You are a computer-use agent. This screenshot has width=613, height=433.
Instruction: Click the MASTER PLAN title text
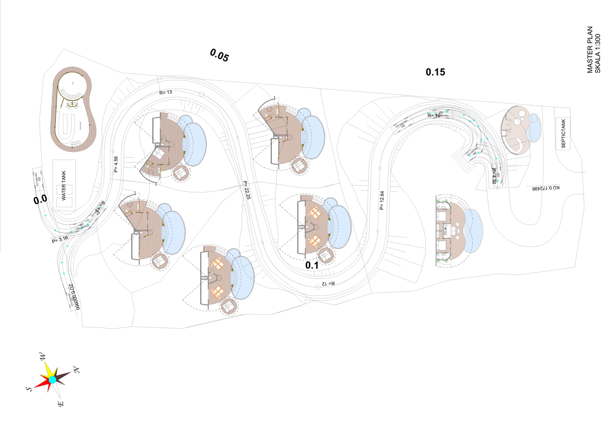tap(590, 50)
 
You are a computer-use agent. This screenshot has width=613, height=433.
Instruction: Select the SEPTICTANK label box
tap(563, 133)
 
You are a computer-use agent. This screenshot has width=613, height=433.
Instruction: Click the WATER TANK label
tap(64, 186)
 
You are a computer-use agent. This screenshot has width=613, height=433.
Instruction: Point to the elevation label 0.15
tap(435, 72)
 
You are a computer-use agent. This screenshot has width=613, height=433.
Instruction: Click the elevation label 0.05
tap(219, 55)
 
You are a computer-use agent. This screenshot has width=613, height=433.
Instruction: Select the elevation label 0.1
tap(312, 265)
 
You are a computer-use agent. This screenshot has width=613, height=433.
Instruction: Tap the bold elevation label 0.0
tap(40, 200)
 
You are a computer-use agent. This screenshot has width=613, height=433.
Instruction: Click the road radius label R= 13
tap(166, 93)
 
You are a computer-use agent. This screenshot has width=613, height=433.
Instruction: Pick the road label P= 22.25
tap(247, 190)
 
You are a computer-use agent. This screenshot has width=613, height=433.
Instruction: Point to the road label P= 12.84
tap(382, 200)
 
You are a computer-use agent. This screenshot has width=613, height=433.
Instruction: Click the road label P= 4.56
tap(116, 164)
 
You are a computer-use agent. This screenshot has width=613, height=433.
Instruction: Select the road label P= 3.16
tap(60, 240)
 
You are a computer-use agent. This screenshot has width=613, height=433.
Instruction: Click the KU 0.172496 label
tap(546, 188)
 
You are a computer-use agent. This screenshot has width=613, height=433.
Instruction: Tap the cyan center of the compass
tap(53, 380)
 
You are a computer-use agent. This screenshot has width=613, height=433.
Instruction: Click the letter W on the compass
tap(43, 357)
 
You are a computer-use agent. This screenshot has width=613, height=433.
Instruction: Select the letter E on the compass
tap(60, 404)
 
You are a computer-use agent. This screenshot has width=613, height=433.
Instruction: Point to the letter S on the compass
tap(29, 389)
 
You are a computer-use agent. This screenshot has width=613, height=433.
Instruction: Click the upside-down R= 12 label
tap(328, 283)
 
